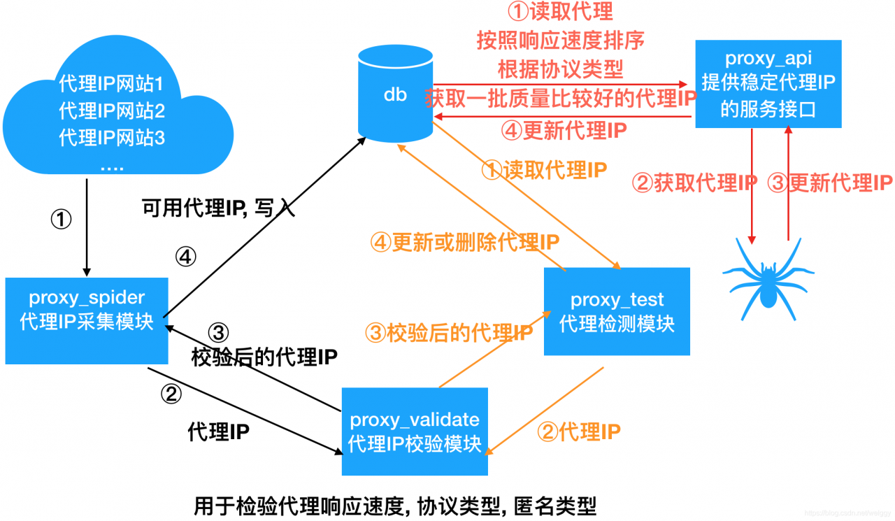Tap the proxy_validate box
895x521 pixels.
415,431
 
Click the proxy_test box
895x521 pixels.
617,311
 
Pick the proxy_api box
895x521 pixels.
768,84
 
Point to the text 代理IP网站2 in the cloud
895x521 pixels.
112,110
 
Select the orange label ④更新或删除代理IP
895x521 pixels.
465,242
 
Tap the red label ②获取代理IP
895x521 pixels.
694,183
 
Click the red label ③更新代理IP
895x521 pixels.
830,183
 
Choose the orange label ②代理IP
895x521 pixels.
578,431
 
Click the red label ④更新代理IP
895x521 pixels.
564,129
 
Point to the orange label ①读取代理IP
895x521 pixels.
545,169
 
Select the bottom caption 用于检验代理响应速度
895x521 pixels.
395,506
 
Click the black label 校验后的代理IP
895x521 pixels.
264,357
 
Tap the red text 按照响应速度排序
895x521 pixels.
559,41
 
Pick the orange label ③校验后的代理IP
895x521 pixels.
450,333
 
